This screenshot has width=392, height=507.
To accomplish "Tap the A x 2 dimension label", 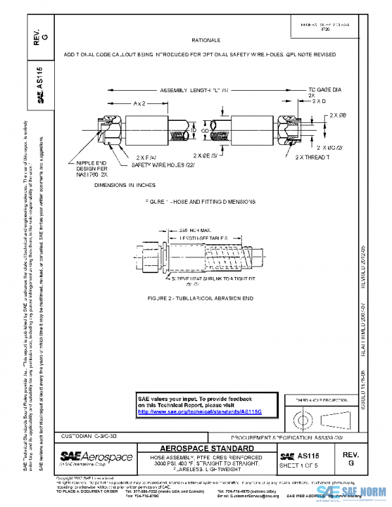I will point(139,103).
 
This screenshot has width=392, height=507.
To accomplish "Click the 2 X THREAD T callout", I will point(313,157).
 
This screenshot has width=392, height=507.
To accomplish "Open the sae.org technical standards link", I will point(199,412).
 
